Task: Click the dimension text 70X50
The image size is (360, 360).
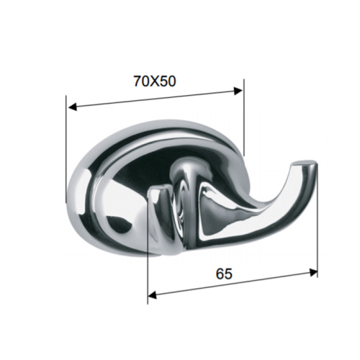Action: (155, 81)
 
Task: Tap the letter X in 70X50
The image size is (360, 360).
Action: (155, 81)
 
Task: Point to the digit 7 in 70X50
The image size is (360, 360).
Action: (138, 81)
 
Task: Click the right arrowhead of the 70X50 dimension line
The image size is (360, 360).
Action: (239, 90)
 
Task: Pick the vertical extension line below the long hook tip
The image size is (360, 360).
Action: (318, 230)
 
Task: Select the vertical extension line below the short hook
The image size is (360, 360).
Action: (148, 274)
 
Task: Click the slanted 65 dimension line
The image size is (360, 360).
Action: (230, 283)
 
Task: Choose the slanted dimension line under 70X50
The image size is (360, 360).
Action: (155, 98)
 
